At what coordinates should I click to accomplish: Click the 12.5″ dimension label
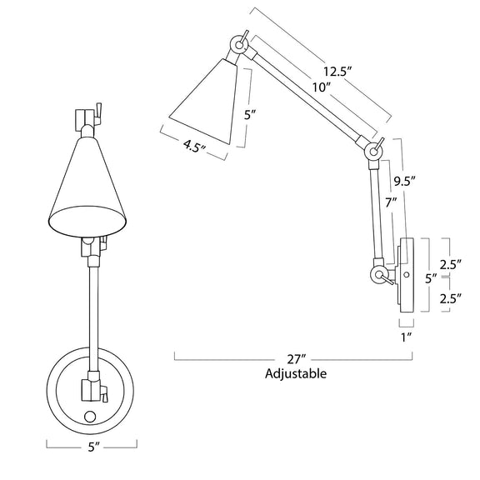[x=337, y=72]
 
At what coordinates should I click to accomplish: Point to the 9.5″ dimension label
[x=404, y=182]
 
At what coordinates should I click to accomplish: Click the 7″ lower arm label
[x=391, y=203]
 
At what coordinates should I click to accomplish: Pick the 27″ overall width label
[x=297, y=359]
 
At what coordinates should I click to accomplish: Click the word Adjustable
[x=296, y=374]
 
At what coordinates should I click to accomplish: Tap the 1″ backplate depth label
[x=406, y=337]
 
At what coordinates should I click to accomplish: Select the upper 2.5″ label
[x=450, y=264]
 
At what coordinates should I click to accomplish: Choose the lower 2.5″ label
[x=450, y=298]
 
